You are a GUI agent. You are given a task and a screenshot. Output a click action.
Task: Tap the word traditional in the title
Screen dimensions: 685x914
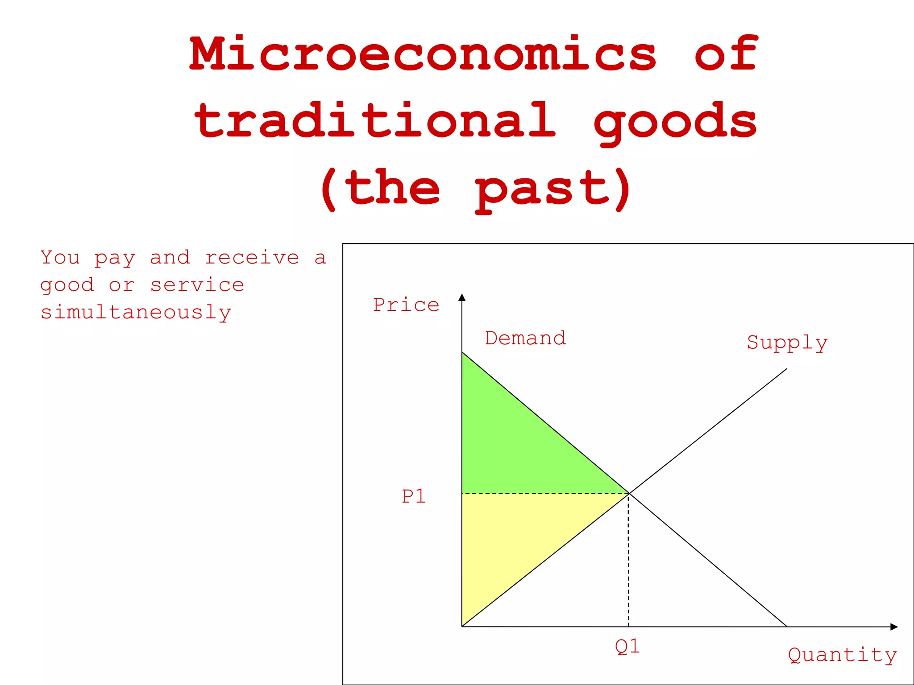375,120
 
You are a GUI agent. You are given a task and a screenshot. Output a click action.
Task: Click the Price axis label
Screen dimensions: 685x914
406,305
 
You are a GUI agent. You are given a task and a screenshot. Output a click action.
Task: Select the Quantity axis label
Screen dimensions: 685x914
842,655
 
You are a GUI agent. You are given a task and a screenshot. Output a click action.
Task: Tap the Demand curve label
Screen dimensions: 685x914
525,338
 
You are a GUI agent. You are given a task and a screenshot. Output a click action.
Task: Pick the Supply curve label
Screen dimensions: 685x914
787,342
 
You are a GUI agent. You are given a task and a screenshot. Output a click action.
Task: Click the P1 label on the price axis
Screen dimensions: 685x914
414,496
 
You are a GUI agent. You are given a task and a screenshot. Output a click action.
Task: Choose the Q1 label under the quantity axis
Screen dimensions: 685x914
627,646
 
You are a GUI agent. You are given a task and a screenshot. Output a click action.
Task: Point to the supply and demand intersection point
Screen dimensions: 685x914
629,493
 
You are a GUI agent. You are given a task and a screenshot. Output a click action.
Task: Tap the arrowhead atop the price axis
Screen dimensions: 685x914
462,297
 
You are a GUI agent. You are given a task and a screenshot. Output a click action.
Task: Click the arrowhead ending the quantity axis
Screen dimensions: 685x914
893,627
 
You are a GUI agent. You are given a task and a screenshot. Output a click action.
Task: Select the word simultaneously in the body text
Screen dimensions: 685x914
136,312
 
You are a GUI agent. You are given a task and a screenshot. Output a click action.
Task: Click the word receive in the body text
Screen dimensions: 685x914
252,258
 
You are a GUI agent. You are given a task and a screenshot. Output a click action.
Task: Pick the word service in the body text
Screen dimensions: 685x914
197,285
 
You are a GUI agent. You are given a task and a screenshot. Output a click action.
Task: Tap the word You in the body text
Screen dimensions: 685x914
60,257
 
